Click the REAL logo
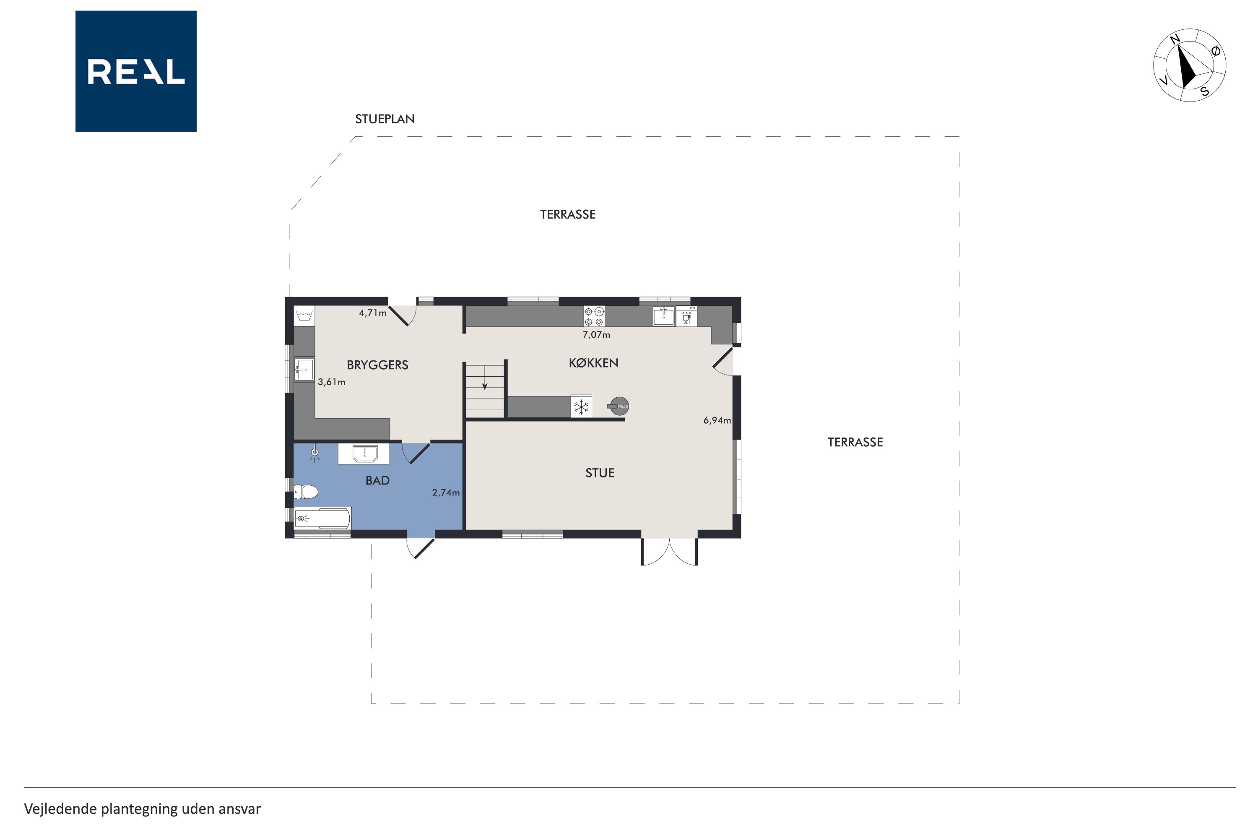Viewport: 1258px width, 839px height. (136, 71)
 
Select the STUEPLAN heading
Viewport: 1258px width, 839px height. (385, 119)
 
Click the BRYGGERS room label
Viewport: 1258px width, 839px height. (378, 365)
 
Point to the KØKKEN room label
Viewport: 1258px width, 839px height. (594, 363)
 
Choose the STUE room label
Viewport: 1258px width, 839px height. (600, 473)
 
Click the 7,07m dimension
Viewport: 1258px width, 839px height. (596, 335)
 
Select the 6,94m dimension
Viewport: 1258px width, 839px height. (717, 421)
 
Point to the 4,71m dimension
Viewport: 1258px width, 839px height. (373, 313)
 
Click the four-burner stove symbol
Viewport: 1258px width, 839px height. (594, 316)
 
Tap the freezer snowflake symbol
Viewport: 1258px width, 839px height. (581, 406)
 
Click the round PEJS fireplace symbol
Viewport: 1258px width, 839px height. (619, 406)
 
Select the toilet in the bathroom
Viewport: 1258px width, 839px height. (305, 491)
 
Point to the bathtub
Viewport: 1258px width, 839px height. (322, 519)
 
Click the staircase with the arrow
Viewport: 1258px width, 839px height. (485, 391)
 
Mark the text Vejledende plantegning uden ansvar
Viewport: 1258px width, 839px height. (142, 809)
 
